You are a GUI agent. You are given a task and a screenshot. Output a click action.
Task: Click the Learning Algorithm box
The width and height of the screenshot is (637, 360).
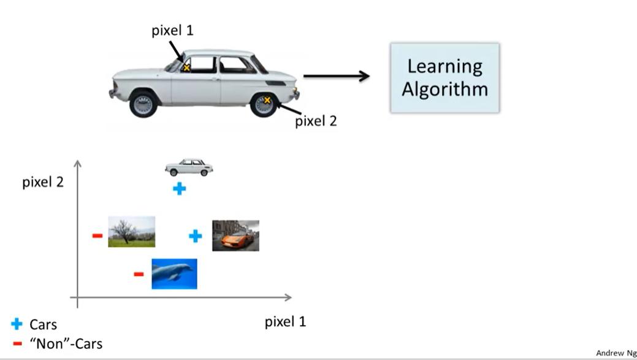tap(445, 77)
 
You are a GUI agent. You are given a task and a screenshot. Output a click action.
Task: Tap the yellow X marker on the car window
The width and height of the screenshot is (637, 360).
tap(186, 67)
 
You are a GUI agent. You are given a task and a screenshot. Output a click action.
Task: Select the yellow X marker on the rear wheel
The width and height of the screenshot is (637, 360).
tap(267, 99)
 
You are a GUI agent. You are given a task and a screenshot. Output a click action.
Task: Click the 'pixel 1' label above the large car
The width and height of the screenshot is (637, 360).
tap(172, 31)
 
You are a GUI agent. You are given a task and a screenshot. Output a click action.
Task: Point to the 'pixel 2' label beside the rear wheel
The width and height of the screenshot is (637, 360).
tap(316, 121)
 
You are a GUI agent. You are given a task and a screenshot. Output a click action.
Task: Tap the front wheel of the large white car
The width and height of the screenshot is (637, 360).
tap(143, 104)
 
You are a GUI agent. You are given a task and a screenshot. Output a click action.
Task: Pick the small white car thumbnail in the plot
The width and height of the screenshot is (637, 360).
tap(189, 167)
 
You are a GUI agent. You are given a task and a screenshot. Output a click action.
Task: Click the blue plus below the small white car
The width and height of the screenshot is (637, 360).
tap(179, 189)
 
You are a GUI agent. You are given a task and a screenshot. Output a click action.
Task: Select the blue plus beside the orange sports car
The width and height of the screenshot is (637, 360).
tap(195, 236)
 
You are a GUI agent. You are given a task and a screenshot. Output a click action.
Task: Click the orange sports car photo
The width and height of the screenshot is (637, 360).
tap(235, 236)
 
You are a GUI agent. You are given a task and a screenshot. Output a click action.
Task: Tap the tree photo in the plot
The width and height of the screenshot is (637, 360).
tap(131, 231)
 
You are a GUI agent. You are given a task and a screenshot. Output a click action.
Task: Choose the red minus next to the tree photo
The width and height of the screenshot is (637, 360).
tap(97, 236)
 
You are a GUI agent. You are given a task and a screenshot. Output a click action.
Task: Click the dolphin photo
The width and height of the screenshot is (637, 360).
tap(174, 274)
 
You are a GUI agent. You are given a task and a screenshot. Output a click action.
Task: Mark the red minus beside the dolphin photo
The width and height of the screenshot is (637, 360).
tap(139, 274)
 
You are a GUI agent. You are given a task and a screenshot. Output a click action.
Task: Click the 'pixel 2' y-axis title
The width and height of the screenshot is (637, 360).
tap(43, 183)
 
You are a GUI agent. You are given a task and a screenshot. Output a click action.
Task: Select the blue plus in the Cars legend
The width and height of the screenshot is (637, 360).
tap(17, 324)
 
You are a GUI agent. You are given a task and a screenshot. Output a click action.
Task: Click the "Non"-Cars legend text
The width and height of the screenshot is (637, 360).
tap(66, 343)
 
